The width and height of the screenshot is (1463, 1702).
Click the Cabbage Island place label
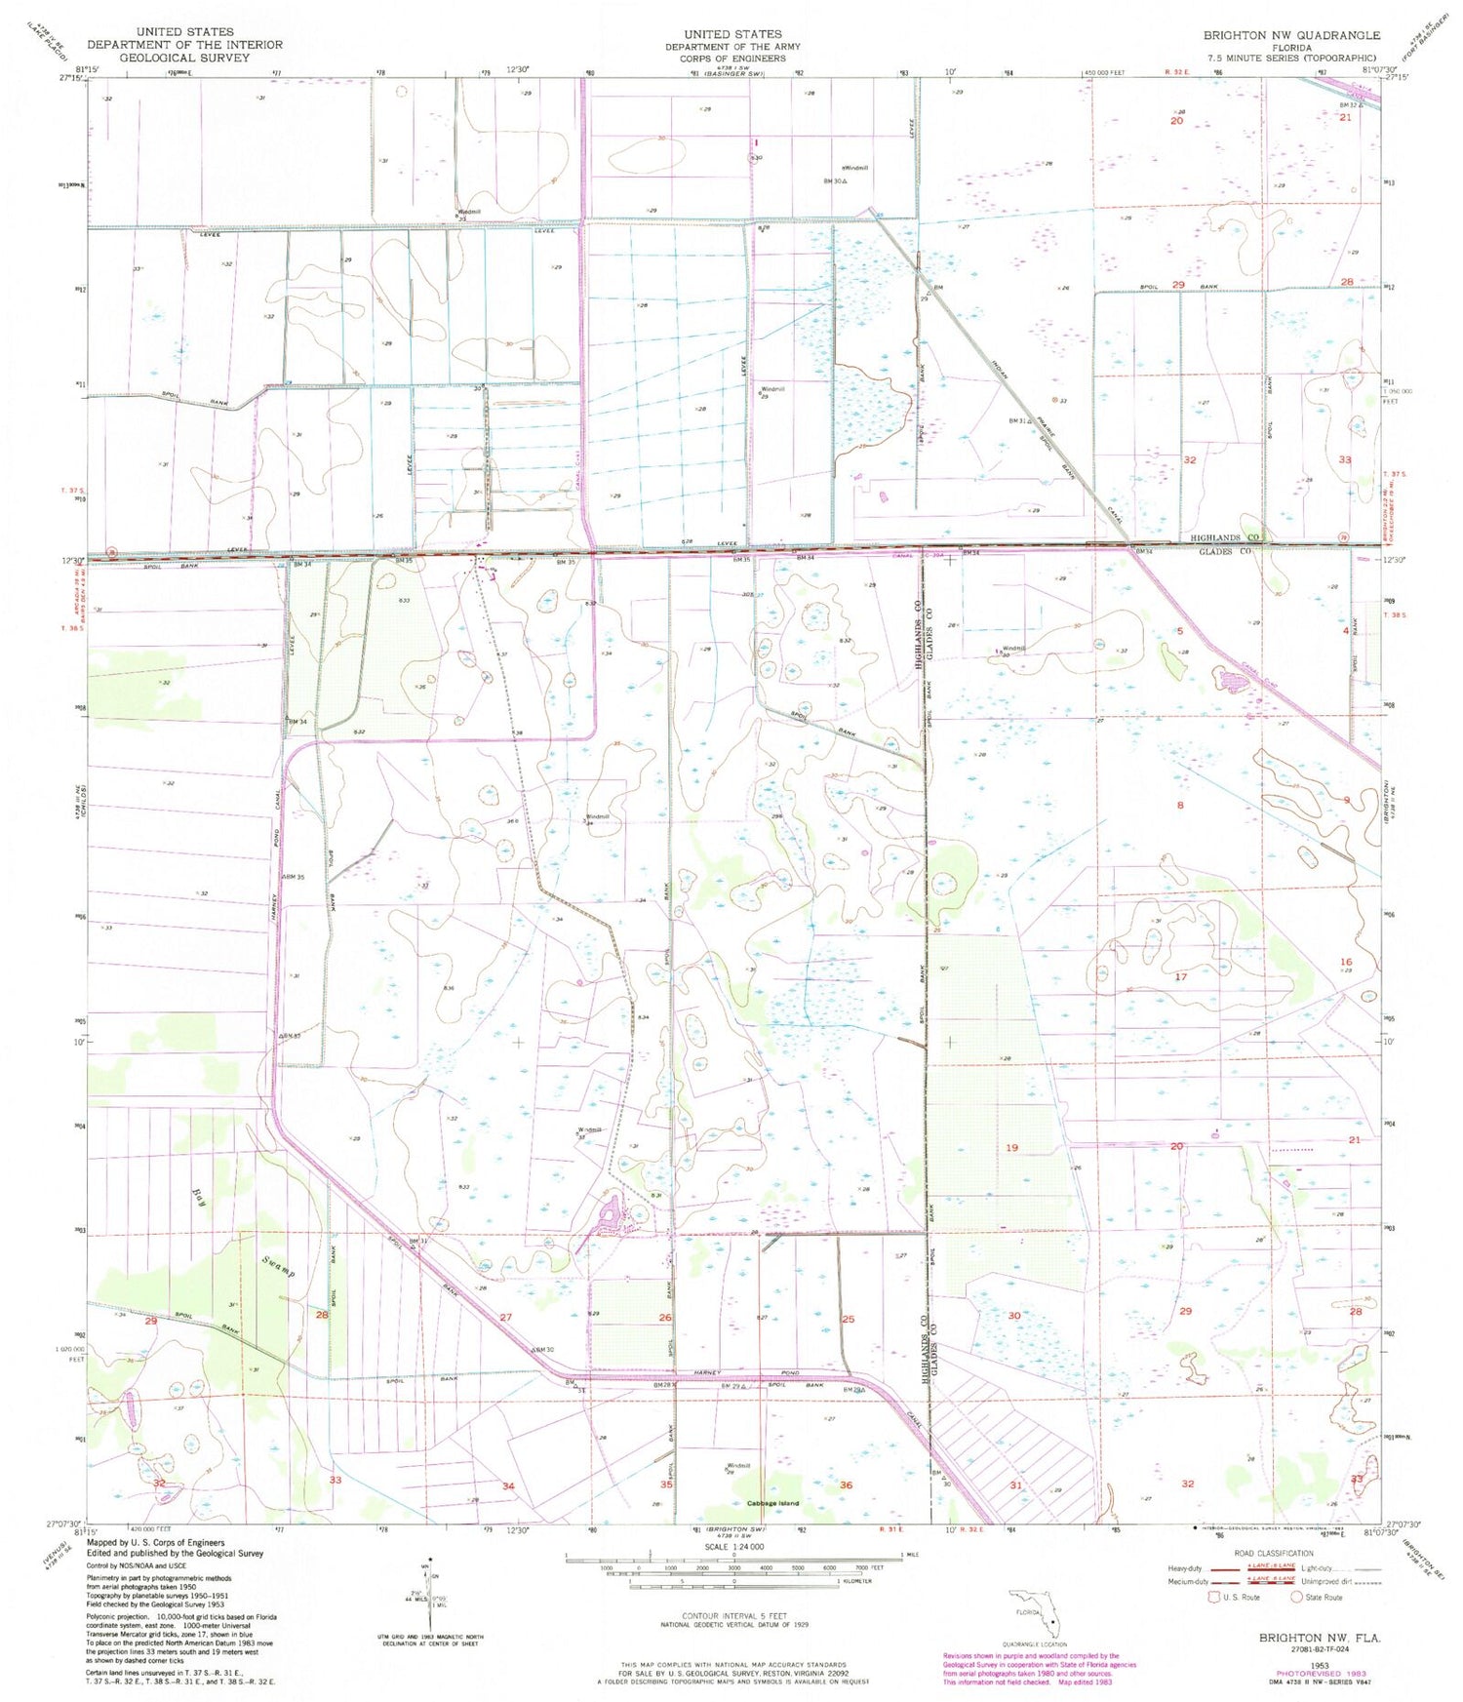(772, 1503)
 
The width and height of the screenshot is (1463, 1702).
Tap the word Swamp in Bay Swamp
(278, 1267)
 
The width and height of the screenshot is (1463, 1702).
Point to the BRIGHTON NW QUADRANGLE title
(1290, 35)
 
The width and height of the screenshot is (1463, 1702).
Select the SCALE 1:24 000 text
(731, 1547)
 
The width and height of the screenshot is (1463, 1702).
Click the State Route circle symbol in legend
(1297, 1597)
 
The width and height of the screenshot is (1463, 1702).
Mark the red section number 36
(846, 1484)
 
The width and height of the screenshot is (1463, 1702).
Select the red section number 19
(1011, 1147)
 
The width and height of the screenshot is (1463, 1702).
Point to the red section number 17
(1181, 976)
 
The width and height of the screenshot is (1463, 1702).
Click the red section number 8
(1180, 805)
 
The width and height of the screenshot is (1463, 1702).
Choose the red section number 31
(1015, 1485)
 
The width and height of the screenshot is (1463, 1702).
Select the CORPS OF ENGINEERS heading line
(732, 59)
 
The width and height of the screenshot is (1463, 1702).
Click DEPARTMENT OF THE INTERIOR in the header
(184, 45)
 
